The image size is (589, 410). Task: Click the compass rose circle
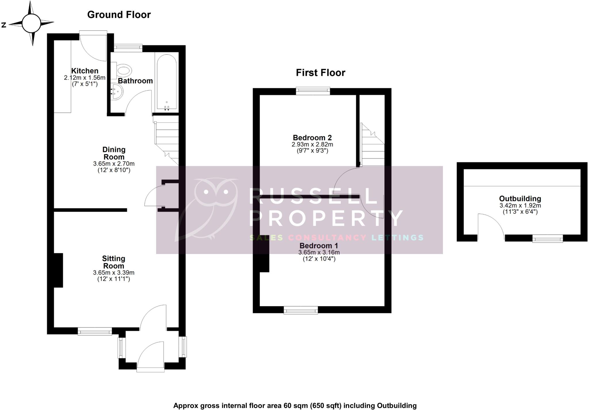click(x=31, y=24)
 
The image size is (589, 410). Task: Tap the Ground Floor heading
click(x=119, y=15)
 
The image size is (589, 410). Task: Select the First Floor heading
click(x=320, y=73)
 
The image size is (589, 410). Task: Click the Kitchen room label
click(x=85, y=71)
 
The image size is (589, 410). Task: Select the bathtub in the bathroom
click(x=167, y=82)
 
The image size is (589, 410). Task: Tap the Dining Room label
click(x=114, y=153)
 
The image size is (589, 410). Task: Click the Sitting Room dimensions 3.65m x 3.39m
click(x=114, y=273)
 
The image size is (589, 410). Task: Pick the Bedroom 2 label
click(x=312, y=138)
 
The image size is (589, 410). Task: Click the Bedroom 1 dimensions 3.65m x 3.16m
click(x=319, y=253)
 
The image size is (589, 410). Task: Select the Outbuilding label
click(x=520, y=199)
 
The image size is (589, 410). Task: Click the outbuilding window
click(x=547, y=238)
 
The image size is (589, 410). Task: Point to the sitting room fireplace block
click(x=58, y=270)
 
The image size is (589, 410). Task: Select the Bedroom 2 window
click(x=313, y=91)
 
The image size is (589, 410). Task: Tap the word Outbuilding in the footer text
click(x=397, y=406)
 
